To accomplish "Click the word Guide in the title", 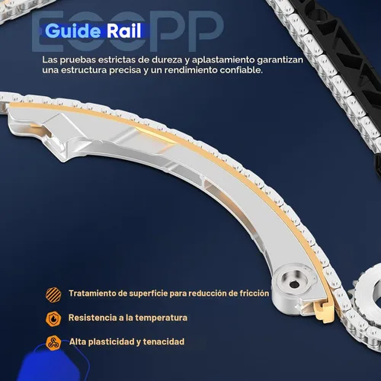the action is [73, 31].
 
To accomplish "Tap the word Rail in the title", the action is [123, 31].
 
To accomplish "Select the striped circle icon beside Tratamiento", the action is [53, 294].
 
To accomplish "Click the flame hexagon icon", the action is [53, 319].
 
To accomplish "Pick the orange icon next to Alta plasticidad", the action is [53, 343].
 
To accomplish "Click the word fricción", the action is [255, 293].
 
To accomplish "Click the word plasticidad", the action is [111, 342].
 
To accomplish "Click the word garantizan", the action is [280, 60].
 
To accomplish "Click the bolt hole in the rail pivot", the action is [294, 283].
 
